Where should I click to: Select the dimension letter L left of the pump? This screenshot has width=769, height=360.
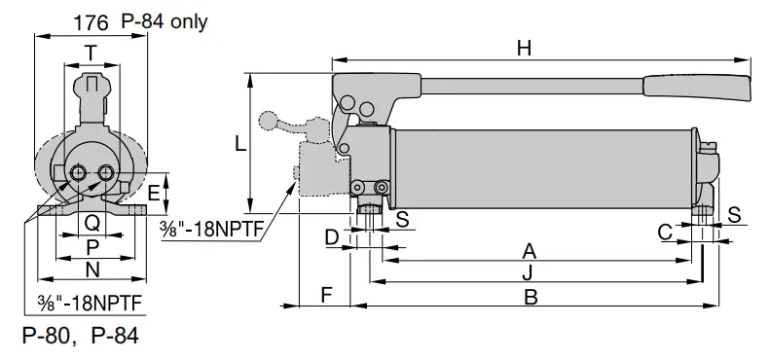tap(240, 144)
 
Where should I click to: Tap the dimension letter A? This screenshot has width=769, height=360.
tap(529, 250)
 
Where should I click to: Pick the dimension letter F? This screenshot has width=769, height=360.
tap(327, 294)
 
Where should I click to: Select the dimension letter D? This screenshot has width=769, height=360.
tap(332, 236)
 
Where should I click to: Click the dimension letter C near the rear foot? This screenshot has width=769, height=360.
tap(665, 232)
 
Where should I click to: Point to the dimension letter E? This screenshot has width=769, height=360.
tap(154, 193)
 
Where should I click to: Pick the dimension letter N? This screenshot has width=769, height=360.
tap(92, 270)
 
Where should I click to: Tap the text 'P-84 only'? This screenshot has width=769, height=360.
tap(165, 21)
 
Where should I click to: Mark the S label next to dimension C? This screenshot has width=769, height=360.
tap(734, 214)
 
